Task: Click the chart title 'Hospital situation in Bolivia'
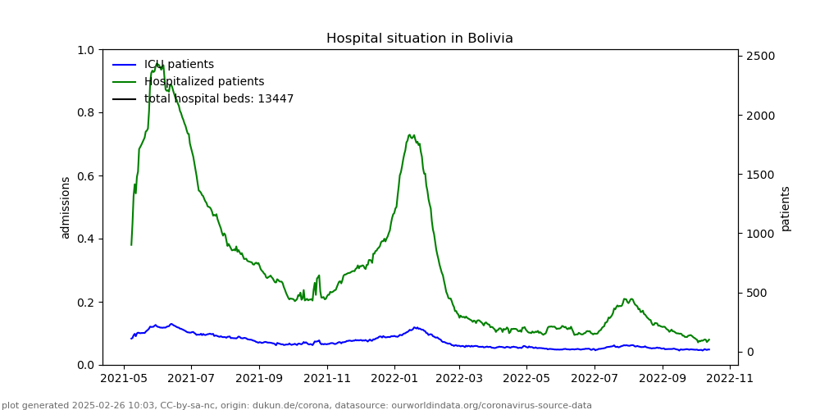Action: pyautogui.click(x=419, y=39)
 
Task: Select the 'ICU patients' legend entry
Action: pyautogui.click(x=179, y=65)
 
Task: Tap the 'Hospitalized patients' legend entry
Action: pyautogui.click(x=204, y=82)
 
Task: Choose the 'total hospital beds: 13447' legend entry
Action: pyautogui.click(x=219, y=99)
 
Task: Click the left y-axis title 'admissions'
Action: pyautogui.click(x=66, y=207)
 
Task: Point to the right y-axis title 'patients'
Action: pyautogui.click(x=786, y=208)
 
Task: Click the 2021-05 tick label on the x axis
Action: pyautogui.click(x=124, y=380)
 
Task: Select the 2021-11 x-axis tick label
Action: pyautogui.click(x=327, y=380)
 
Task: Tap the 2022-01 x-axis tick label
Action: pyautogui.click(x=394, y=380)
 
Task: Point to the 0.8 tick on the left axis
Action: pyautogui.click(x=85, y=113)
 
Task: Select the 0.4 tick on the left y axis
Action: pyautogui.click(x=85, y=239)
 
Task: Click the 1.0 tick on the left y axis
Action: pyautogui.click(x=85, y=50)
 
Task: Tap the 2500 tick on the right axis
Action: pyautogui.click(x=758, y=56)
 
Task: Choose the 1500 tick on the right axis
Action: pyautogui.click(x=758, y=175)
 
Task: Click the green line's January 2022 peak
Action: pyautogui.click(x=410, y=135)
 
